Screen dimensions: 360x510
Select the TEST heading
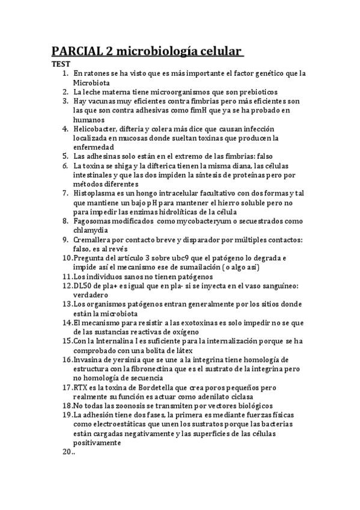pyautogui.click(x=61, y=64)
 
